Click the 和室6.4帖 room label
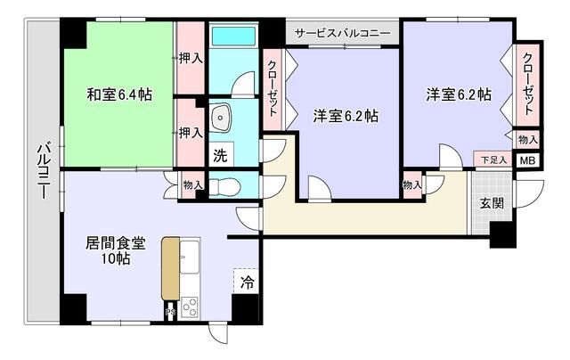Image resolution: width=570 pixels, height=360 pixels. [x=118, y=94]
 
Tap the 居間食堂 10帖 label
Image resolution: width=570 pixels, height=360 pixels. [x=115, y=250]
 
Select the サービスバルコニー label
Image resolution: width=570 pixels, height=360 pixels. [x=343, y=33]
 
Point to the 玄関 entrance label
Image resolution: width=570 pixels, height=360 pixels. [x=492, y=202]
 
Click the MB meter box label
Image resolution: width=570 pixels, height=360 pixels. [x=527, y=161]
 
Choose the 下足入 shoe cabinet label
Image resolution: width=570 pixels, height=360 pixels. [x=493, y=160]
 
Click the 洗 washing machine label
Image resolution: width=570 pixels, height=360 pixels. [x=219, y=154]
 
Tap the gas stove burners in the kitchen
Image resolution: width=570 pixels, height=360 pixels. [x=190, y=307]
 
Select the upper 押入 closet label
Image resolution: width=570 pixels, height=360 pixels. [x=190, y=58]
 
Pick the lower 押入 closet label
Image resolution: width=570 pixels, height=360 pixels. [x=189, y=133]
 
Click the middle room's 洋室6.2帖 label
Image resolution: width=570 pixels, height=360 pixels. [x=345, y=116]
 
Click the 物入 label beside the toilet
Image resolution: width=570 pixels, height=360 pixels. [x=192, y=185]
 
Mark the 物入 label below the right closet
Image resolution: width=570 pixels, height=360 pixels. [x=527, y=140]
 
